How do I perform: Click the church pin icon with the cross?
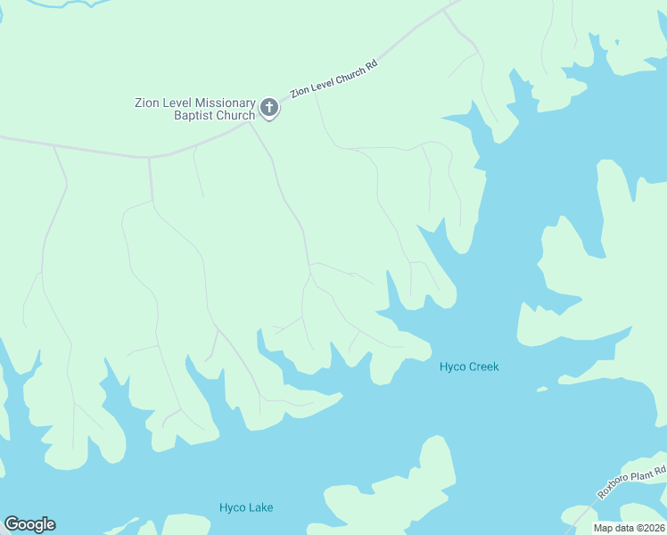[269, 110]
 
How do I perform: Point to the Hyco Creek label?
[469, 366]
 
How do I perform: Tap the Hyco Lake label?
[246, 508]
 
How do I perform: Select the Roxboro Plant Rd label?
[630, 483]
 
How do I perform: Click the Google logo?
[29, 524]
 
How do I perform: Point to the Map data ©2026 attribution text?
[630, 528]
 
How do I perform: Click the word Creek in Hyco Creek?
[484, 366]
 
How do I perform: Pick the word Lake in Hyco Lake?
[260, 508]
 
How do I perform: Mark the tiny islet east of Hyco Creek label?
[541, 389]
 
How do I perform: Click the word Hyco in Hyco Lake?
[232, 508]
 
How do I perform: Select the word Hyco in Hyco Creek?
[453, 366]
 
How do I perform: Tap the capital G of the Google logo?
[12, 524]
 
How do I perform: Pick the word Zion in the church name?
[147, 103]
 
